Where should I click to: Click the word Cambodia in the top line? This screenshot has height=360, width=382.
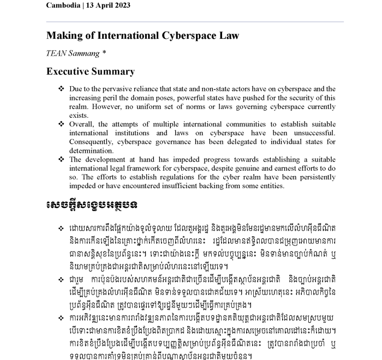[65, 5]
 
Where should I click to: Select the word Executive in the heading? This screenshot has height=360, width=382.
[68, 71]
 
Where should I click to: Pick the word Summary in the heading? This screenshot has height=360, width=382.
[115, 71]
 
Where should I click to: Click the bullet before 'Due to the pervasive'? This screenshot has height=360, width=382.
[61, 88]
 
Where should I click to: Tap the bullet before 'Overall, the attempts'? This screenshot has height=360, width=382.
[61, 124]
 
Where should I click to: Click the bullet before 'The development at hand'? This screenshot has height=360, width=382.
[61, 160]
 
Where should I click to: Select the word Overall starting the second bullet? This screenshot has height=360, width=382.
[82, 124]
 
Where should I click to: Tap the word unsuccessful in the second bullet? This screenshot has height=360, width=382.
[314, 133]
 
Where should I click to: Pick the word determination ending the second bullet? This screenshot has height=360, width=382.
[92, 151]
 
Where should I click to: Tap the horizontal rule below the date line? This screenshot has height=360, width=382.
[195, 22]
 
